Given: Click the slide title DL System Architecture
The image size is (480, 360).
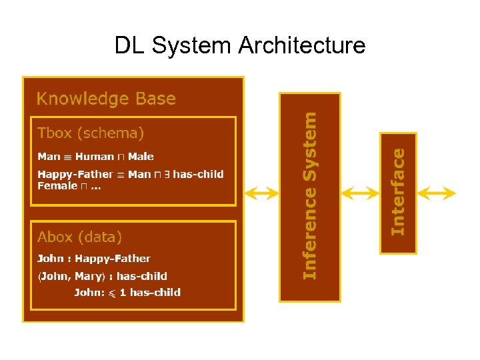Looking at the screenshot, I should click(240, 45).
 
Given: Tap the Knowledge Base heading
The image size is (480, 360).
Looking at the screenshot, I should click(106, 99).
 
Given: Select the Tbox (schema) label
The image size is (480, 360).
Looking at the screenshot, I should click(91, 133).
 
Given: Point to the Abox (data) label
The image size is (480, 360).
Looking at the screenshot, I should click(79, 237).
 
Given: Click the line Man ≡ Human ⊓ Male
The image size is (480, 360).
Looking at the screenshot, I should click(95, 157).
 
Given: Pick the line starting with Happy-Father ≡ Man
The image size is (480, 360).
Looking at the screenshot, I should click(130, 174).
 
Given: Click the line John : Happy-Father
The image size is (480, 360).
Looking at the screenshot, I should click(93, 259).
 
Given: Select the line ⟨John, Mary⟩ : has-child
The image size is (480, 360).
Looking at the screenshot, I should click(102, 276).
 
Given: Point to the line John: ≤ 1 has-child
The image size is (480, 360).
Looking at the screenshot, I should click(127, 292).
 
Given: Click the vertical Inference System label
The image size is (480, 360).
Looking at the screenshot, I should click(310, 195).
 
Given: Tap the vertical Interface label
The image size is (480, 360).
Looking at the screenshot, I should click(398, 192).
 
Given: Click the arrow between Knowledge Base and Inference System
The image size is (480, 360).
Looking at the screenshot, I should click(261, 193).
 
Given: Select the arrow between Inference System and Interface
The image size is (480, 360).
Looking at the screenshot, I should click(359, 193).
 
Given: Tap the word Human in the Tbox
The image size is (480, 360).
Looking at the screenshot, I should click(95, 157).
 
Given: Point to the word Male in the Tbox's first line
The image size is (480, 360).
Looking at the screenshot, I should click(141, 157).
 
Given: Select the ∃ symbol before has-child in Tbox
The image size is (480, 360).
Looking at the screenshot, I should click(167, 174).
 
